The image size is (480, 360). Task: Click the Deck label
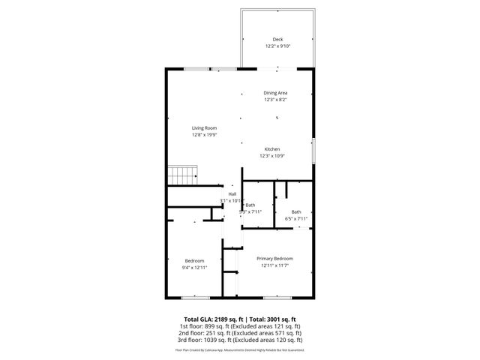[277, 39]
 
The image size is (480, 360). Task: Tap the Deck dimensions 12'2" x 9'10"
[277, 46]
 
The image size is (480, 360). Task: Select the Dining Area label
[275, 93]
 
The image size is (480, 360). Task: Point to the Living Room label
[204, 128]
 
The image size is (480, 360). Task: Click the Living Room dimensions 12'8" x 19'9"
[204, 135]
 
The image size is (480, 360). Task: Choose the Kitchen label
[271, 149]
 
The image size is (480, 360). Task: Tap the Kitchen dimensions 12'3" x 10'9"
[271, 156]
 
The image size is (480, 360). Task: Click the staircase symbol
[181, 175]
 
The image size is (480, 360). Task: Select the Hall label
[232, 194]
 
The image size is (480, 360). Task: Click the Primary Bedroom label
[274, 258]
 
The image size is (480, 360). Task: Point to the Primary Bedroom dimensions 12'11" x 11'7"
[274, 265]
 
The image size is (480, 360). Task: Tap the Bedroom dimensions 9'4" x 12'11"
[194, 267]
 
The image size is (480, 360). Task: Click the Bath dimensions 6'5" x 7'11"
[295, 218]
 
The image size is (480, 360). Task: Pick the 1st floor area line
[239, 326]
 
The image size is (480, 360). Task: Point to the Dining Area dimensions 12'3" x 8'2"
[275, 100]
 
